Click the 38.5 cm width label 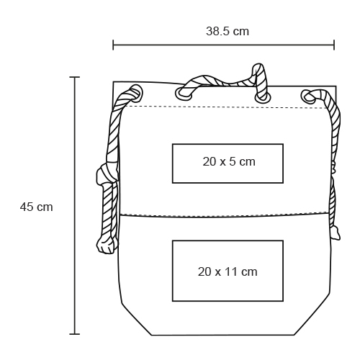[228, 32]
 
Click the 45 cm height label [36, 207]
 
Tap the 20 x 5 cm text [229, 161]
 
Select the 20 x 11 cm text [228, 271]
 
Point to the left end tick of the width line [113, 45]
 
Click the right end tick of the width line [334, 45]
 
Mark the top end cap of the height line [75, 77]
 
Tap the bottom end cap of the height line [75, 334]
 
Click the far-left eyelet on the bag [137, 93]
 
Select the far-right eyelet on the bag [308, 96]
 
